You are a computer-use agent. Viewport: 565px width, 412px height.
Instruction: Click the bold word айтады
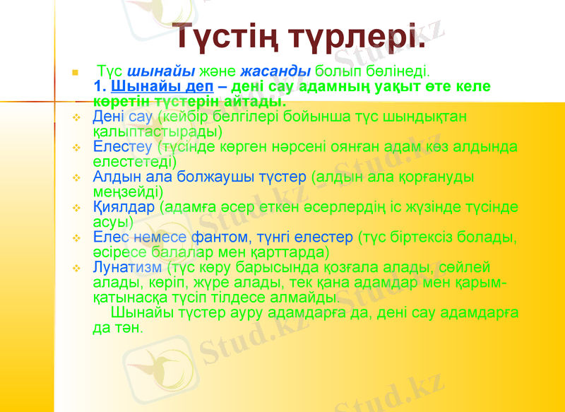coord(254,102)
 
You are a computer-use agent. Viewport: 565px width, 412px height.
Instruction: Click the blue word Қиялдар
coord(124,207)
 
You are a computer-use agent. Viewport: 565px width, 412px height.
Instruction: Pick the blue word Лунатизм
coord(127,267)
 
